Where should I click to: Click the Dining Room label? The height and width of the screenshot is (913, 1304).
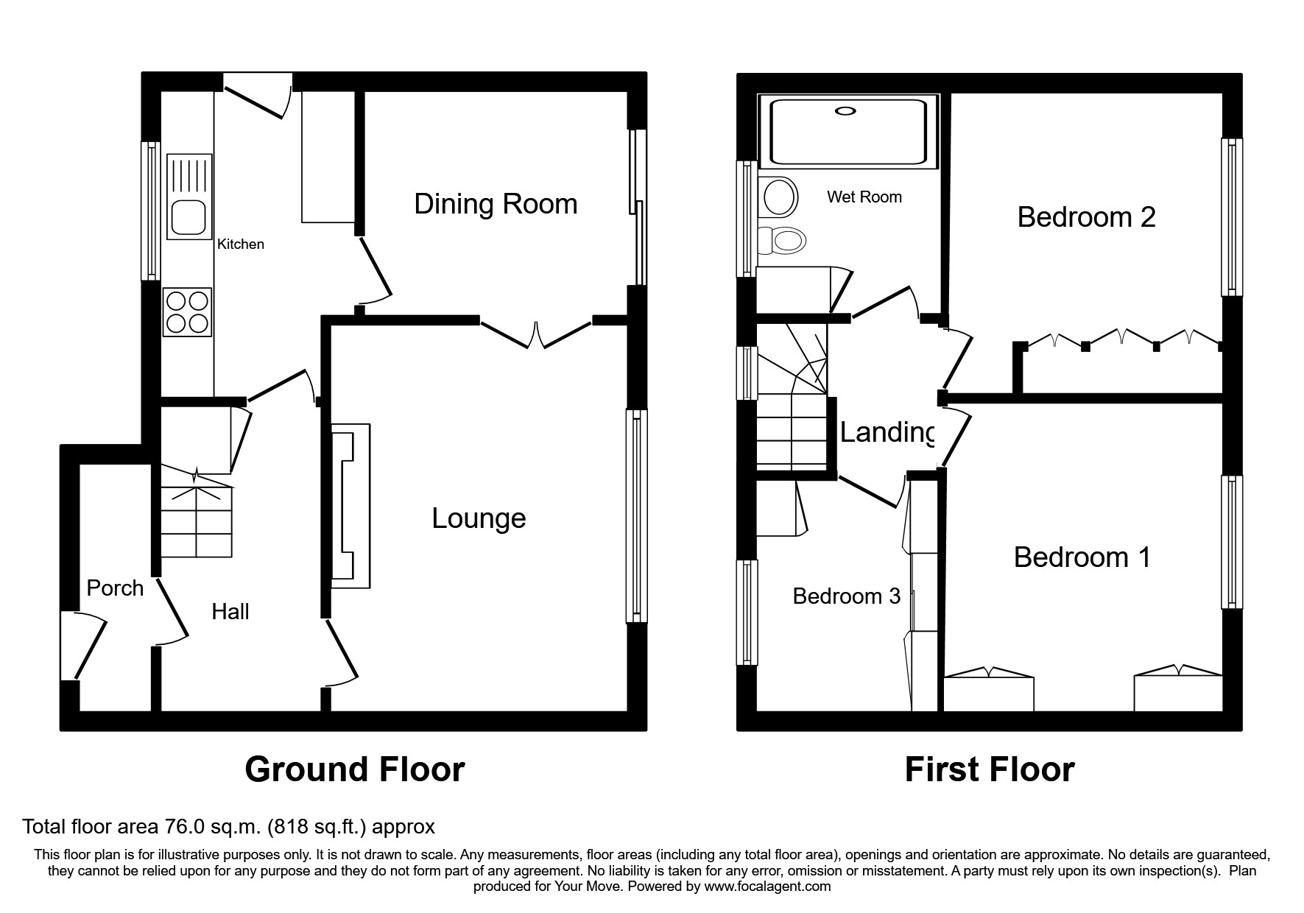[496, 204]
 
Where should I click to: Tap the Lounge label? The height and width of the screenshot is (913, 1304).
[479, 518]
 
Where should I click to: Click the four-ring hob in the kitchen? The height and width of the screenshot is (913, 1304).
[188, 312]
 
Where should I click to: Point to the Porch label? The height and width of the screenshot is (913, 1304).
[115, 588]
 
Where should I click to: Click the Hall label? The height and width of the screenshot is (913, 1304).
[230, 611]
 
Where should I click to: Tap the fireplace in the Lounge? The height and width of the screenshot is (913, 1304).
[351, 505]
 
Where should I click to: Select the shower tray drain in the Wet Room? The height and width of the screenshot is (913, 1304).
[846, 111]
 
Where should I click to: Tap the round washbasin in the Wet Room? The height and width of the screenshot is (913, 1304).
[780, 197]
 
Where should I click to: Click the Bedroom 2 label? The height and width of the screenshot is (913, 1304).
[1086, 216]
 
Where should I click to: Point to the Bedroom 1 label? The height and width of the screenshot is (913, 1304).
[1082, 557]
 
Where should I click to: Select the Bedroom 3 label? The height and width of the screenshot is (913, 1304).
[846, 596]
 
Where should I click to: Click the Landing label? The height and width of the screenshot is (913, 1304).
[887, 432]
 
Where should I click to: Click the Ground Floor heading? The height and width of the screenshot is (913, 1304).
[354, 769]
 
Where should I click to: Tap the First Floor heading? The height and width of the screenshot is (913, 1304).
[989, 769]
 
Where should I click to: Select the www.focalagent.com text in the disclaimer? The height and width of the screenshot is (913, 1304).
[766, 886]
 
